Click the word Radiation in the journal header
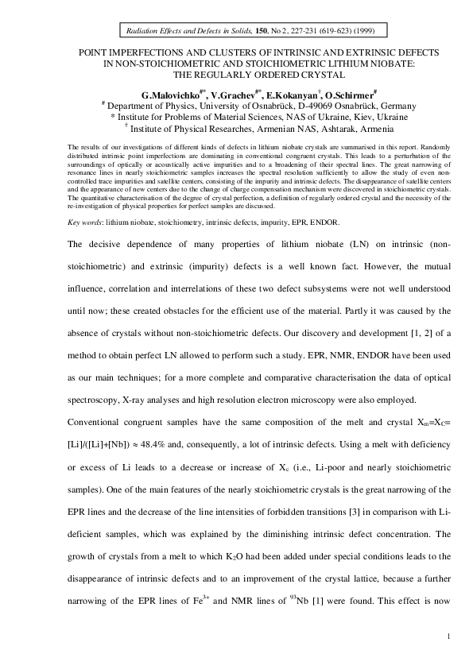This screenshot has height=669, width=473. tap(143, 31)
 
